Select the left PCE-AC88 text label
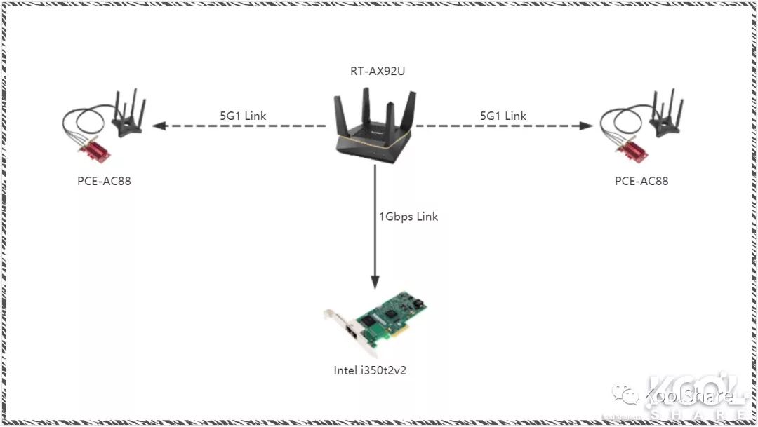pos(104,181)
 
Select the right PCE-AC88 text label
pos(641,181)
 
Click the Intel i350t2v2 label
pos(370,370)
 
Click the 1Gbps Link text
pos(408,217)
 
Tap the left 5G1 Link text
pos(244,116)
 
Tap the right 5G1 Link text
pos(503,116)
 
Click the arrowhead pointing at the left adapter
pos(159,126)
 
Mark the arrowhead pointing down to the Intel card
pos(375,281)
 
